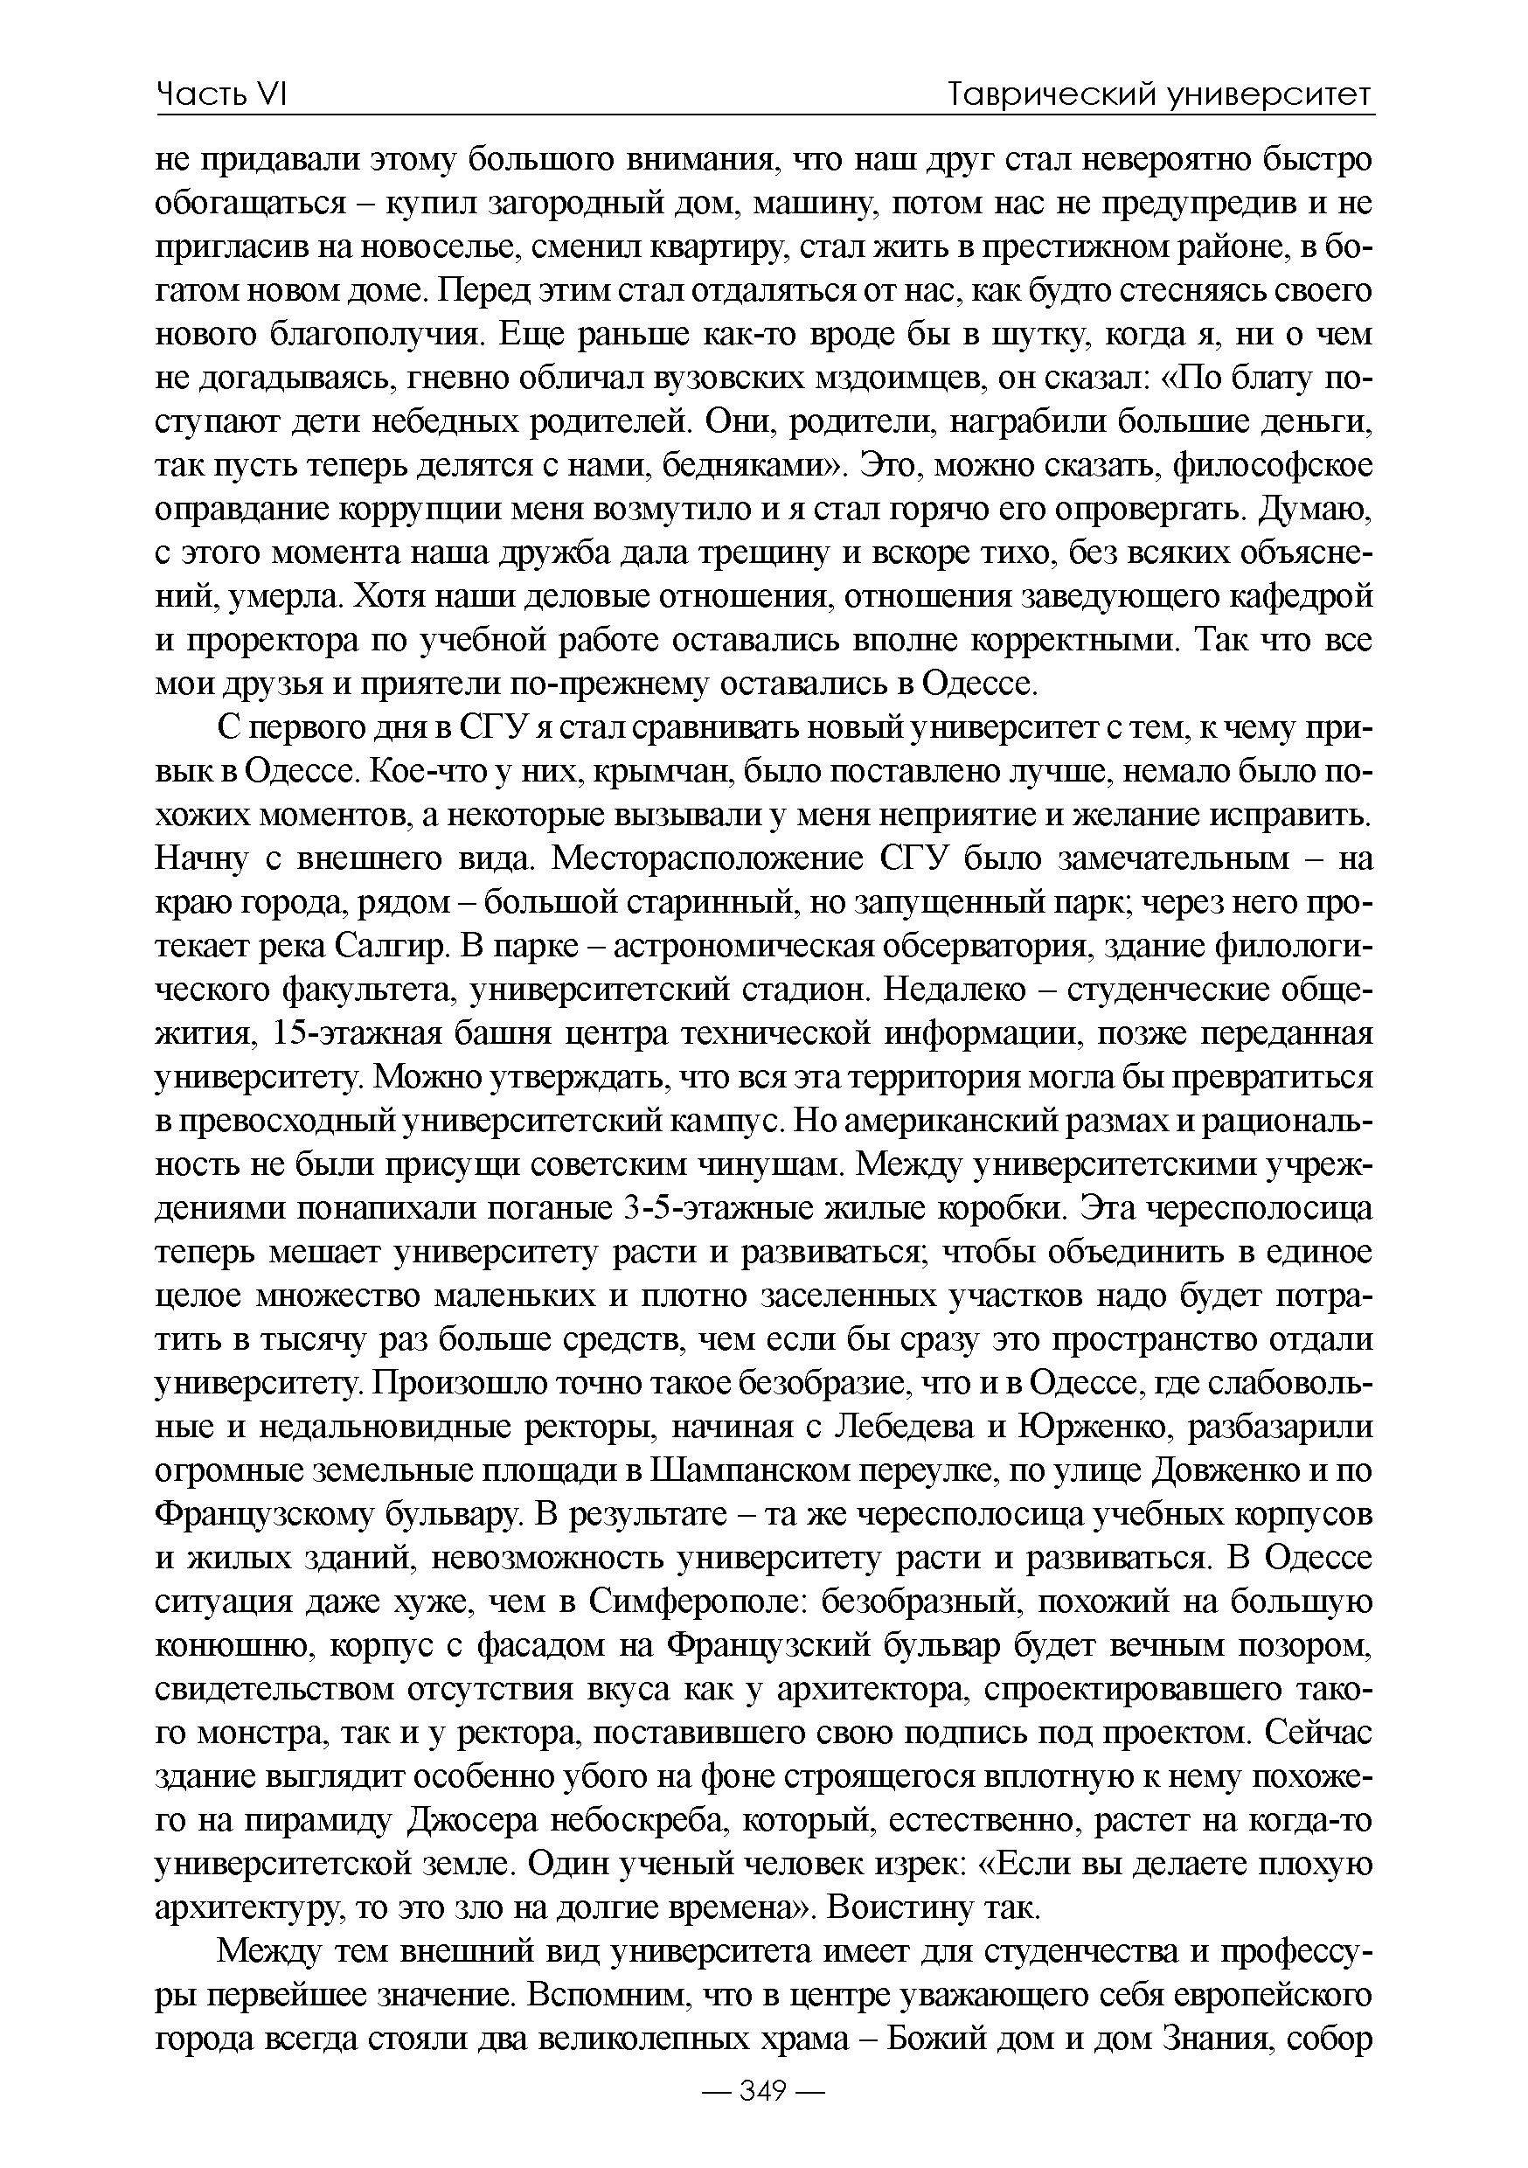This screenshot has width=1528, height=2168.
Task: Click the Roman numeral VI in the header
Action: pos(270,94)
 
